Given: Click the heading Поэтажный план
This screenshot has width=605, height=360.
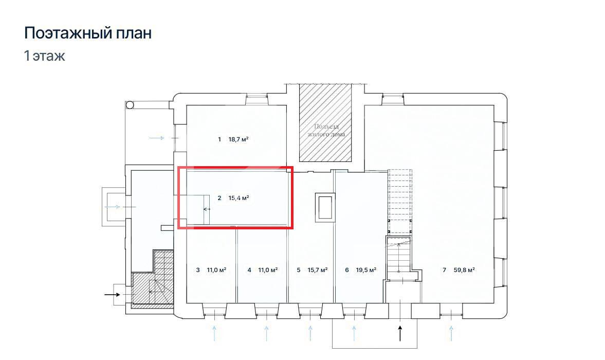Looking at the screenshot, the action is (88, 33).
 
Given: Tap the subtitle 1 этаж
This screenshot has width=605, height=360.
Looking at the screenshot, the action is (44, 56).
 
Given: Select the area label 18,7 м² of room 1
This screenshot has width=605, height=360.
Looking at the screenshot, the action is (239, 139).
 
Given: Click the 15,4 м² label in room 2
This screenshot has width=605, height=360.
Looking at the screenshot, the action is (239, 198).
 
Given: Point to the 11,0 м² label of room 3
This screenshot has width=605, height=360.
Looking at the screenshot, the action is (216, 270).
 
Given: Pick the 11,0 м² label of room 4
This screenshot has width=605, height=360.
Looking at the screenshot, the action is (268, 270).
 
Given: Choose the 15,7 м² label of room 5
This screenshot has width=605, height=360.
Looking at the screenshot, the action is (318, 270).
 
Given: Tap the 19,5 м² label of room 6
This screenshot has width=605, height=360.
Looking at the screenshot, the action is (366, 270).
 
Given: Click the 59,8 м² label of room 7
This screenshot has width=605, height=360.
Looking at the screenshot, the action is (464, 270).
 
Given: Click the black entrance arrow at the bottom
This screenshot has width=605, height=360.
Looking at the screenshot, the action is (400, 333).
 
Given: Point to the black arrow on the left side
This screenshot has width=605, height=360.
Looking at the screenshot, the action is (112, 295).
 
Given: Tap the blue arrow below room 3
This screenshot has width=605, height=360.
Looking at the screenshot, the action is (214, 333).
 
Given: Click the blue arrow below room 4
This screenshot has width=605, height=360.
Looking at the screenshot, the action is (266, 333).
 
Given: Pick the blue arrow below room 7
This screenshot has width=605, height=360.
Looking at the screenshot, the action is (451, 333).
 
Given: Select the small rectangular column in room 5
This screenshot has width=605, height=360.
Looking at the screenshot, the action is (325, 207).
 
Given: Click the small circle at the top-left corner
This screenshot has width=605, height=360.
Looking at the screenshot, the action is (130, 104).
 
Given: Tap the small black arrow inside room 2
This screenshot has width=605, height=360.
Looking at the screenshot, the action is (207, 209).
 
